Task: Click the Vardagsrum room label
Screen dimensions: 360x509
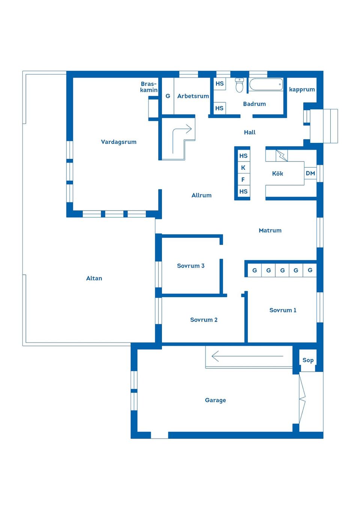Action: pyautogui.click(x=118, y=142)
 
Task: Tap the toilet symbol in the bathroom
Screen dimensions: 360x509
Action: pyautogui.click(x=239, y=85)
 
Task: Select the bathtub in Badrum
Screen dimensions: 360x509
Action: pyautogui.click(x=266, y=85)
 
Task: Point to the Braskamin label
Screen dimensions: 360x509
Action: pyautogui.click(x=149, y=87)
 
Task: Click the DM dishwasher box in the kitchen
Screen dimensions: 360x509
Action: pyautogui.click(x=310, y=174)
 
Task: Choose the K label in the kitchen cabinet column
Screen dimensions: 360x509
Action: pyautogui.click(x=243, y=168)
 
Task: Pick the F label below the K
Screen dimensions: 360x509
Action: pyautogui.click(x=243, y=180)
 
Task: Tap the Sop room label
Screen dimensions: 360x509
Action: pyautogui.click(x=308, y=360)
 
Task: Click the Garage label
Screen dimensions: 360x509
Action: pyautogui.click(x=216, y=400)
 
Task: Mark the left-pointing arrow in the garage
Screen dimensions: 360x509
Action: pyautogui.click(x=247, y=356)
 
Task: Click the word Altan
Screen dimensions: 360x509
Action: pyautogui.click(x=94, y=278)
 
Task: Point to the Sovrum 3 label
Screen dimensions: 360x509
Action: pyautogui.click(x=190, y=266)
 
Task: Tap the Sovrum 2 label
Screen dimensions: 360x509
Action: pyautogui.click(x=204, y=320)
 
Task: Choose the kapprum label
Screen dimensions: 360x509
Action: pyautogui.click(x=302, y=90)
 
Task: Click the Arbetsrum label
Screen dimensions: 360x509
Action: pyautogui.click(x=193, y=96)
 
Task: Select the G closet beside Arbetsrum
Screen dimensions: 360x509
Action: pyautogui.click(x=168, y=96)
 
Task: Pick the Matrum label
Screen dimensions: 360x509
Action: pyautogui.click(x=270, y=231)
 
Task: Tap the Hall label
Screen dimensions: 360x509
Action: pyautogui.click(x=250, y=132)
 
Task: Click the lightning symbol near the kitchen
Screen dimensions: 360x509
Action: pyautogui.click(x=282, y=156)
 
